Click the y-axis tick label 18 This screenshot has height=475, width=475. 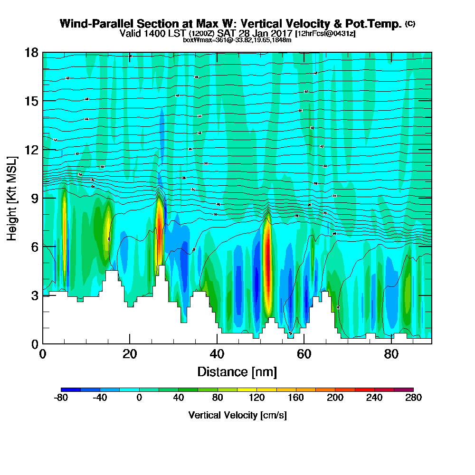32,53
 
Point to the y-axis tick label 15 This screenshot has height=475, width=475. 32,101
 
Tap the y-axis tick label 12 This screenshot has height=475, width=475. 32,150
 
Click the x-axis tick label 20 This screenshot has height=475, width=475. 130,354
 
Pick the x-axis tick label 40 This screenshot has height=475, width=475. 217,354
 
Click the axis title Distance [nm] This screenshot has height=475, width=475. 237,371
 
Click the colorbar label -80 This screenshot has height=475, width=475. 61,398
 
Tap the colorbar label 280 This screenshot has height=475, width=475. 413,398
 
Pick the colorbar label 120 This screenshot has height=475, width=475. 256,398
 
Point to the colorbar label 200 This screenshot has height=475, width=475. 335,398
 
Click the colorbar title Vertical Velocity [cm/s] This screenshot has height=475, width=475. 237,415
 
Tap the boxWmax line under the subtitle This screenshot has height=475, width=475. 237,40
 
